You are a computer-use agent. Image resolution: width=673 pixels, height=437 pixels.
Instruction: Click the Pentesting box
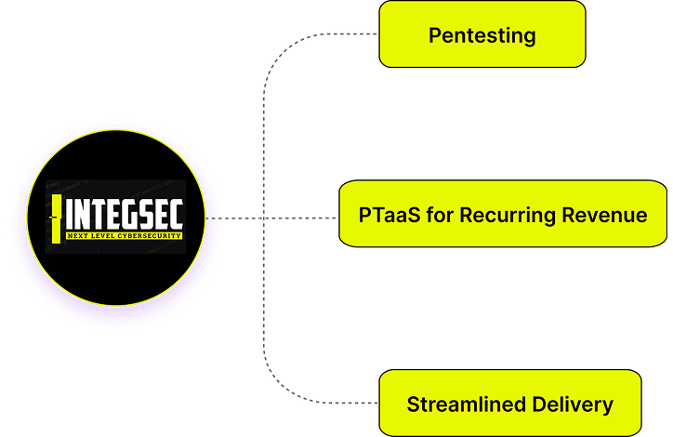pyautogui.click(x=482, y=34)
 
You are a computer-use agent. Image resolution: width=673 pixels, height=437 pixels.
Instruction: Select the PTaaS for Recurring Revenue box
pyautogui.click(x=503, y=214)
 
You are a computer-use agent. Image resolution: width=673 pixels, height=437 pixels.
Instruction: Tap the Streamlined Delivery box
pyautogui.click(x=510, y=404)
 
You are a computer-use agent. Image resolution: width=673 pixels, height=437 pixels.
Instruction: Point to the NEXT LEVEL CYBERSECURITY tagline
pyautogui.click(x=124, y=236)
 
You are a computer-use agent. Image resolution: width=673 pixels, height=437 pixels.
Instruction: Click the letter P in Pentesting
pyautogui.click(x=434, y=36)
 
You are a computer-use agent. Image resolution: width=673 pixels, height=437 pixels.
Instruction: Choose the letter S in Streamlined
pyautogui.click(x=414, y=404)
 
